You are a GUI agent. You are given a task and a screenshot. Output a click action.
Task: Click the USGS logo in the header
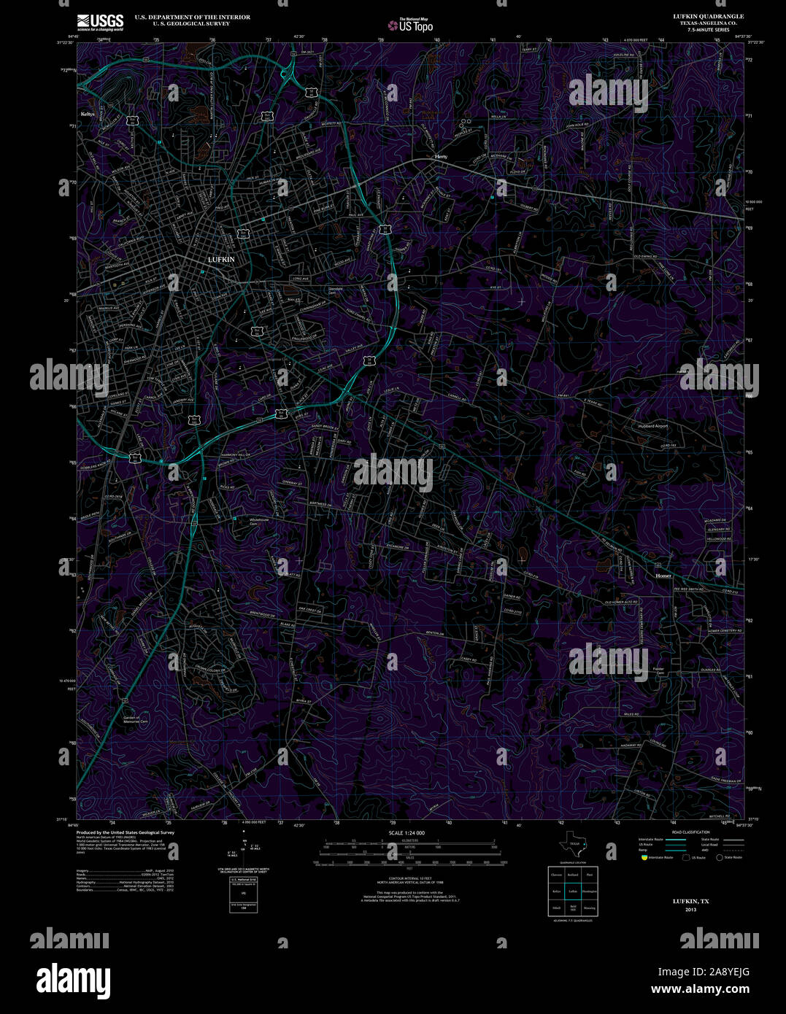(x=100, y=22)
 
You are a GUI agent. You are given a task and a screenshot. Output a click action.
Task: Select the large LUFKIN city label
(x=221, y=259)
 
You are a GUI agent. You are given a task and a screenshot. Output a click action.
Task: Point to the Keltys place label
(x=88, y=114)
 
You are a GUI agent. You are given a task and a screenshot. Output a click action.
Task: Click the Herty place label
(x=441, y=157)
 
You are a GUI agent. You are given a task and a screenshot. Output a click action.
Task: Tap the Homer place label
(x=663, y=576)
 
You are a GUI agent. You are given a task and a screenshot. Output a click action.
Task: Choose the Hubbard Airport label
(x=652, y=426)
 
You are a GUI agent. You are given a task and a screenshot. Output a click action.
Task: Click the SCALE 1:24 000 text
(x=407, y=832)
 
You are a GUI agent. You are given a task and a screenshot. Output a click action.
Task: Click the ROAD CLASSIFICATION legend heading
(x=690, y=832)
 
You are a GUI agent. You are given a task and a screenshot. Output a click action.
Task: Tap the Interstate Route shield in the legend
(x=644, y=857)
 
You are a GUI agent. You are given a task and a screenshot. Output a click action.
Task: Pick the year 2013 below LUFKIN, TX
(x=690, y=910)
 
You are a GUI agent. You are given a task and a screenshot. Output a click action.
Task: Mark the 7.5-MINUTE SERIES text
(x=704, y=30)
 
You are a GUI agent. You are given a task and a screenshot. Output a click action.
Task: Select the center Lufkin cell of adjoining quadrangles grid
(x=573, y=891)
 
